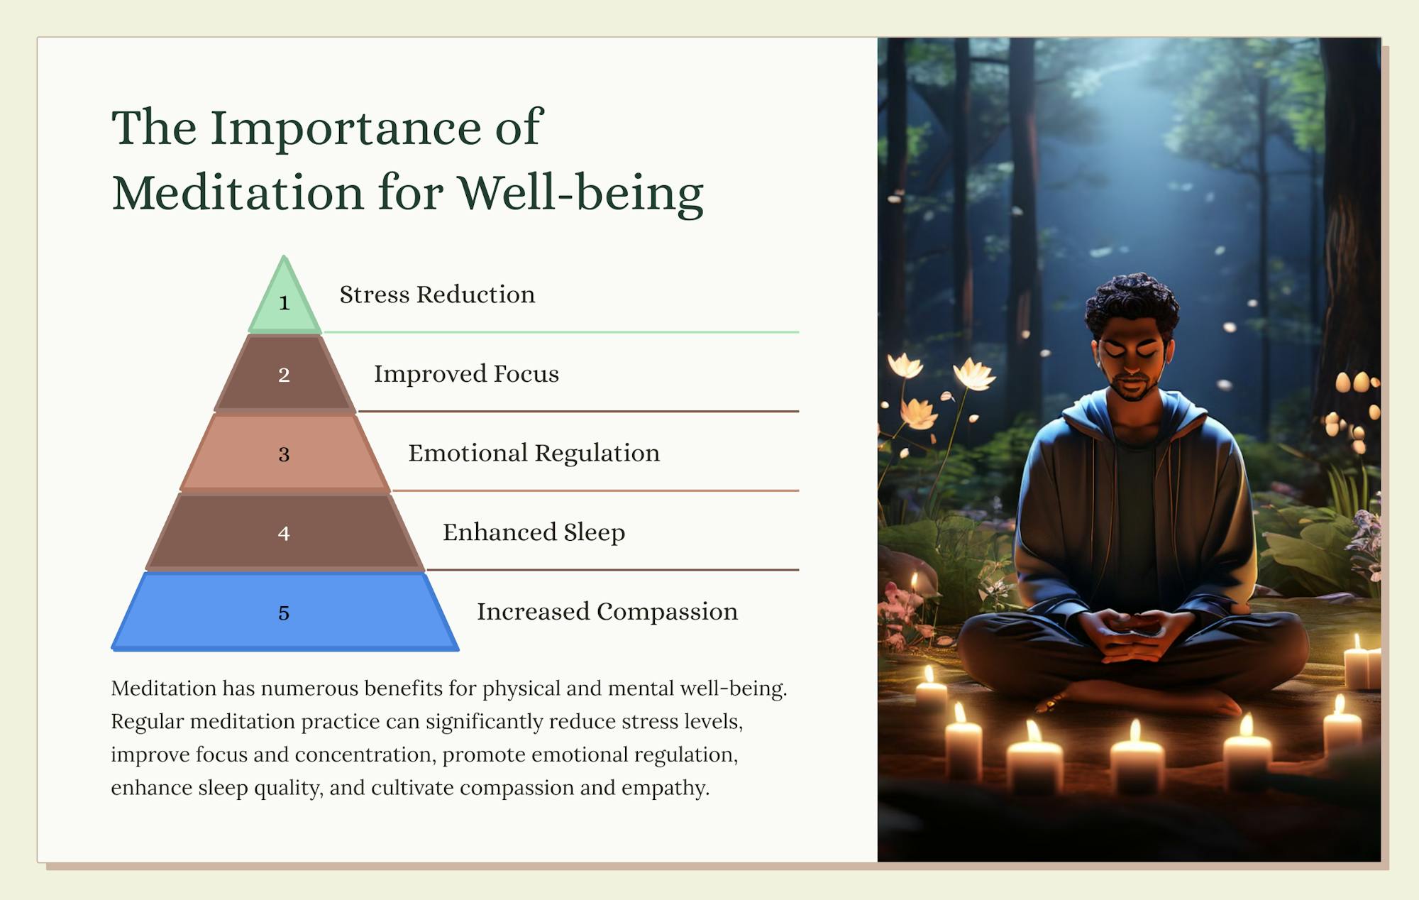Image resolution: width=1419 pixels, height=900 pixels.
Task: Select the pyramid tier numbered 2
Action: click(x=285, y=374)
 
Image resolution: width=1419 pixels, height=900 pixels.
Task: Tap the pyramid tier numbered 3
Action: click(x=285, y=454)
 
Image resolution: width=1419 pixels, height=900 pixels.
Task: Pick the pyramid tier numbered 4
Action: click(x=285, y=533)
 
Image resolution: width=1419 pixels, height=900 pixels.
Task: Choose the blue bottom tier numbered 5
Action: click(x=285, y=613)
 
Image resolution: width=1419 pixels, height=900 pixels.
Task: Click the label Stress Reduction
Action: click(x=437, y=295)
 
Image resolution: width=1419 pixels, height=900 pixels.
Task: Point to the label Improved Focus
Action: click(x=466, y=374)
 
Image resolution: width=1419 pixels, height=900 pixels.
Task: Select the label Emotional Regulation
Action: click(x=534, y=454)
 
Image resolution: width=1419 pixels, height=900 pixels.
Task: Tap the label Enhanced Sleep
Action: click(x=534, y=532)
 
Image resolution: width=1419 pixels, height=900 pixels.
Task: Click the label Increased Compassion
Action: click(x=607, y=612)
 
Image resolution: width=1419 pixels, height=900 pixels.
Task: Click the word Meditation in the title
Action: click(x=238, y=192)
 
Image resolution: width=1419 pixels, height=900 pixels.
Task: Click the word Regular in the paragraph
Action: click(x=147, y=722)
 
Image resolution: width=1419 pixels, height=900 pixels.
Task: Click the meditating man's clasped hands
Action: click(x=1134, y=634)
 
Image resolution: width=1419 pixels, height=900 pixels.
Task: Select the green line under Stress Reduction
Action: click(x=561, y=331)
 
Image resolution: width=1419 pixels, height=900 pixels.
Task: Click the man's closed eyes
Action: click(x=1131, y=350)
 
